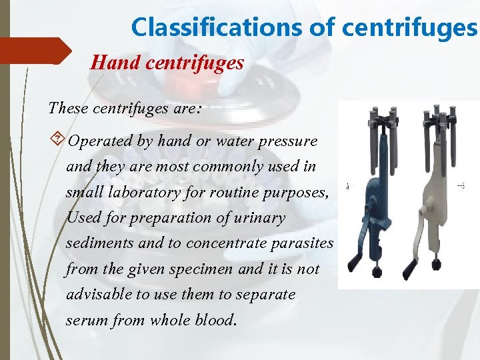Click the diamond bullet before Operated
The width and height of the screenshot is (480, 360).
[x=57, y=141]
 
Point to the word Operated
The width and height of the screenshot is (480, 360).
[x=98, y=141]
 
